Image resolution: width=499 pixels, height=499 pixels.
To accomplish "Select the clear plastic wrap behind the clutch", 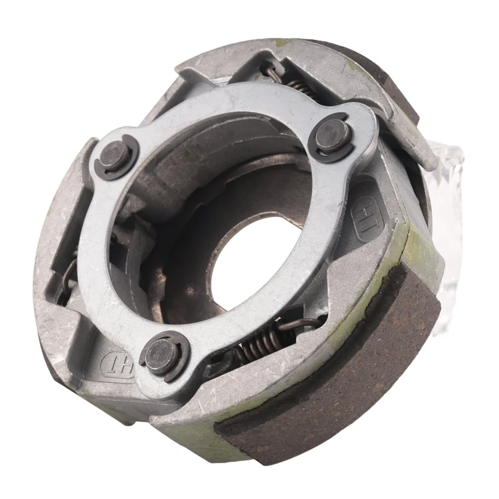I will pyautogui.click(x=452, y=206).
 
